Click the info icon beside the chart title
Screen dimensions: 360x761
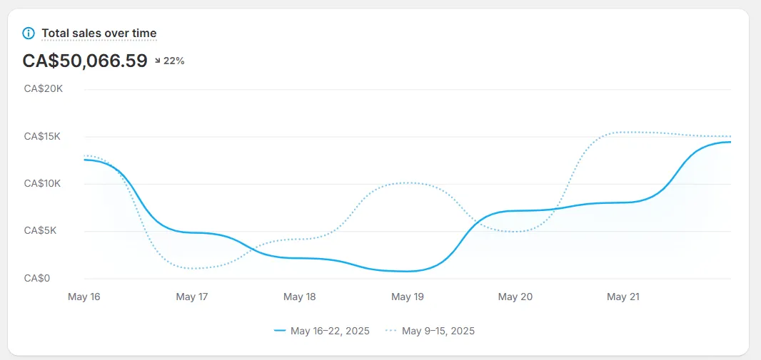click(x=29, y=33)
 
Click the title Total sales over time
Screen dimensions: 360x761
click(x=99, y=33)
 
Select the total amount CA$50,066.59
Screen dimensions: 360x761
click(x=85, y=61)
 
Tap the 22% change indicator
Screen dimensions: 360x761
click(x=173, y=61)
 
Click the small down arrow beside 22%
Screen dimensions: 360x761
click(x=158, y=61)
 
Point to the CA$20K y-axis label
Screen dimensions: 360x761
click(x=44, y=89)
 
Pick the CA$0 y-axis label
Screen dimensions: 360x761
click(x=37, y=278)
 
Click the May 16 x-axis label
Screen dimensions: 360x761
click(x=84, y=297)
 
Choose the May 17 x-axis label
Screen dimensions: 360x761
click(x=191, y=297)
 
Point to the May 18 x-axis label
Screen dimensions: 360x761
click(x=299, y=297)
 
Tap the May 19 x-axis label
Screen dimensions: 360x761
click(x=407, y=297)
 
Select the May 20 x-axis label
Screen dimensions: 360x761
click(x=515, y=297)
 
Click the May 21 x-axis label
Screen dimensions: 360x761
click(x=623, y=297)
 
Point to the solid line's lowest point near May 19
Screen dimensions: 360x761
click(x=407, y=271)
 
